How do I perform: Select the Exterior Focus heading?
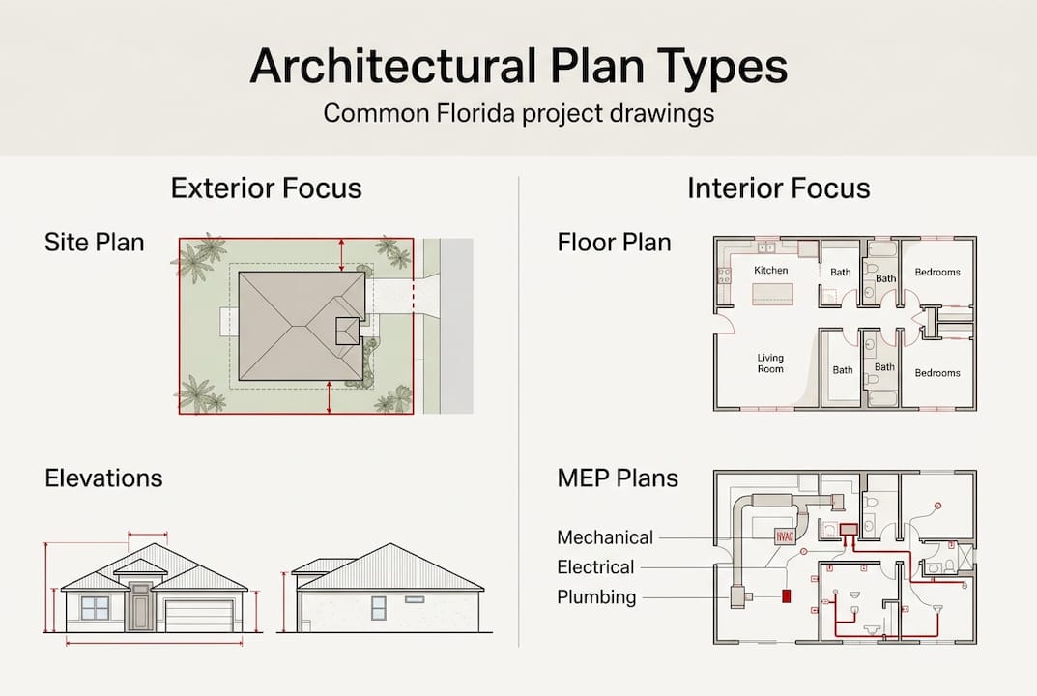coord(267,188)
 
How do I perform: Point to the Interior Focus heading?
coord(779,188)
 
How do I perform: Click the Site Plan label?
coord(95,242)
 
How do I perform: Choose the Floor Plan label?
coord(614,242)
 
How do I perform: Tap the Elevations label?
coord(103,478)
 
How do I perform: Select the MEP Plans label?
coord(618,478)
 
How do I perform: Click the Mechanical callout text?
coord(605,537)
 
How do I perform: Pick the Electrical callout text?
coord(595,567)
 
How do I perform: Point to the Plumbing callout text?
coord(596,597)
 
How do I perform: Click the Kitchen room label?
coord(771,271)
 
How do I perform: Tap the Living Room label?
coord(770,363)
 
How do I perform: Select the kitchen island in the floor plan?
coord(772,294)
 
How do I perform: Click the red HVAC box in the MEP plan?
coord(784,536)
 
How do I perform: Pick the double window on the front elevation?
coord(95,608)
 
